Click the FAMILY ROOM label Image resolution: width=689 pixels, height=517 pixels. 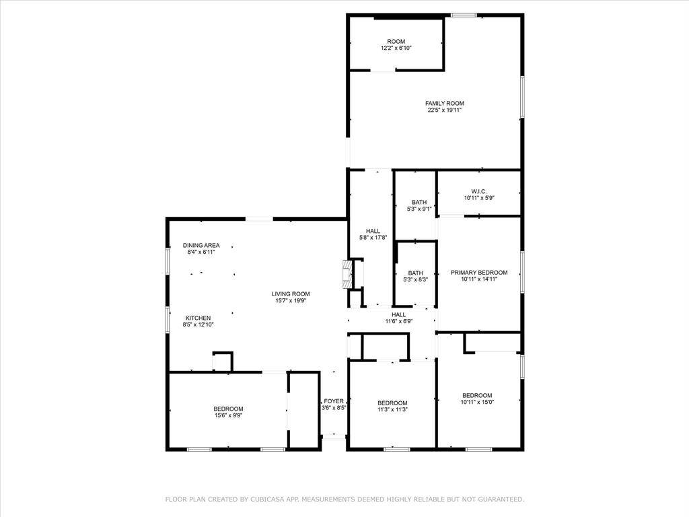click(444, 104)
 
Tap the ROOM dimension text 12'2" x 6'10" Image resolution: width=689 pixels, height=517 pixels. click(396, 48)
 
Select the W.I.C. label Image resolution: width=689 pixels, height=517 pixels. click(478, 191)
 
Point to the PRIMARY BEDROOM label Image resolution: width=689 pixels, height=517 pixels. click(478, 273)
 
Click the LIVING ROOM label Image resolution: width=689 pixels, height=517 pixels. click(291, 294)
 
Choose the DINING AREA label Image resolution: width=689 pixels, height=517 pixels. click(201, 245)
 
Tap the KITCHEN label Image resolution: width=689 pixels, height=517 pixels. click(198, 318)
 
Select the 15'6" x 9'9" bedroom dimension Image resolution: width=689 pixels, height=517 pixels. click(228, 415)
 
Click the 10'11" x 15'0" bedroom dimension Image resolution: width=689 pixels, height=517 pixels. click(477, 402)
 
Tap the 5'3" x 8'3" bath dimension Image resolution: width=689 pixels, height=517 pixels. click(415, 279)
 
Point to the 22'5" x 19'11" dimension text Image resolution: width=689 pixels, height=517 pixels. click(444, 110)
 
